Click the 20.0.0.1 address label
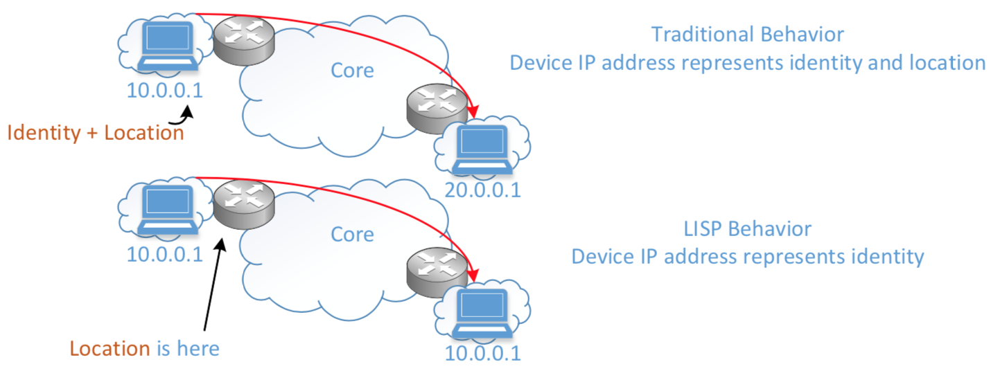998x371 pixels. (482, 190)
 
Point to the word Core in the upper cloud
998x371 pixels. (352, 70)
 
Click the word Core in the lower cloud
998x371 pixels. (352, 234)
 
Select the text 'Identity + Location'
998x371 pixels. (96, 132)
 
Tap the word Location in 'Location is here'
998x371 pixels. (110, 347)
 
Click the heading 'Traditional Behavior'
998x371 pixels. (747, 35)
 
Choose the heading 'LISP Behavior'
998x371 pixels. (747, 229)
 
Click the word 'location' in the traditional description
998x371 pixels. (938, 63)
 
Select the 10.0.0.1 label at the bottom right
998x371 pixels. (482, 353)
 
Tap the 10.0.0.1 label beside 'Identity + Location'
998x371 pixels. (165, 90)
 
